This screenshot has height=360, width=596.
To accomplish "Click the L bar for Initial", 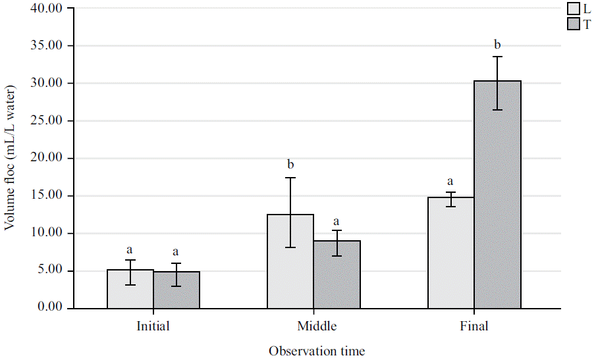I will [130, 289].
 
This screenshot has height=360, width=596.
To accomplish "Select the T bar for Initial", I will [176, 290].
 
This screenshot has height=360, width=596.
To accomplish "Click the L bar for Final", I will [451, 253].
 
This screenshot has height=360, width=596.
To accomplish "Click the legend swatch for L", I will [573, 9].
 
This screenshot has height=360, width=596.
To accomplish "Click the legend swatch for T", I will [573, 24].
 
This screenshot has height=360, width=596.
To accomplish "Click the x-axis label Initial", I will [153, 326].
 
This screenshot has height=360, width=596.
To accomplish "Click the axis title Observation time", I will [317, 351].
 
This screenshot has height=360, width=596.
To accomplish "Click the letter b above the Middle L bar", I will [290, 164].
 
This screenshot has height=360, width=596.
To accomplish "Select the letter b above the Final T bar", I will [497, 45].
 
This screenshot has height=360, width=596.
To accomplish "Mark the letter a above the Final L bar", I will [451, 181].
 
